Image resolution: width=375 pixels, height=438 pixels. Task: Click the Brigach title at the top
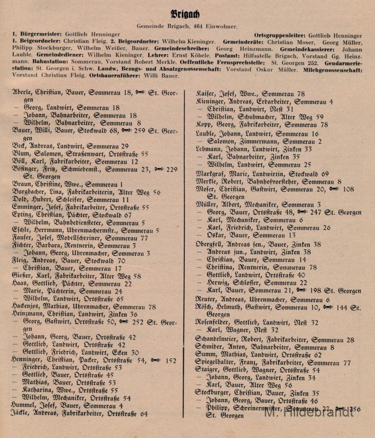[x=185, y=14]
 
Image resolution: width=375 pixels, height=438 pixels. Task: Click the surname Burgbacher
[x=30, y=192]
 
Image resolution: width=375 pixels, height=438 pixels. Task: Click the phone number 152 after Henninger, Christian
[x=170, y=361]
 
